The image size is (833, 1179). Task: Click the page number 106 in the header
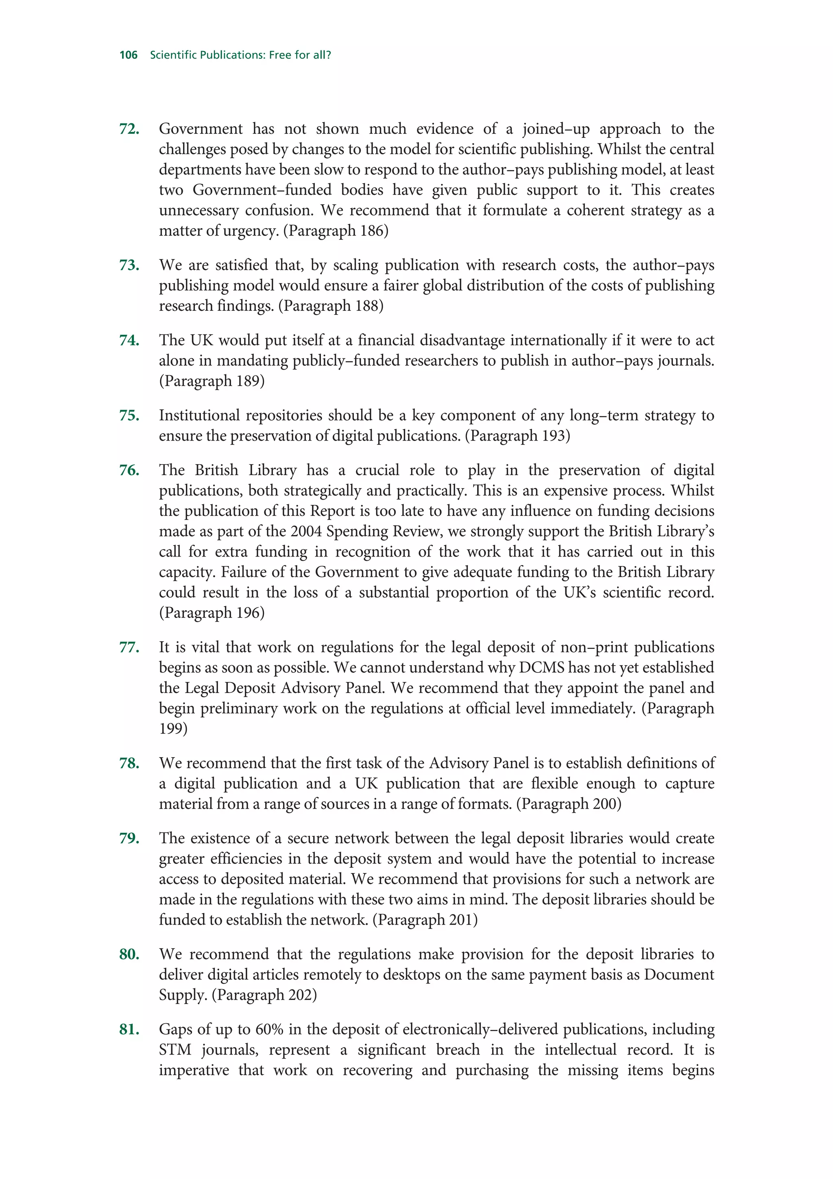(128, 55)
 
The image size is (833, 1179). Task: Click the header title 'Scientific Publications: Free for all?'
(240, 55)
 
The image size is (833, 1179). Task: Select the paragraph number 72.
(129, 129)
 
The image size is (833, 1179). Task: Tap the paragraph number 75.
(129, 415)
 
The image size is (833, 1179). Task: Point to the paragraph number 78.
(129, 764)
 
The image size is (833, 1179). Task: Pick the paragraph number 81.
(129, 1030)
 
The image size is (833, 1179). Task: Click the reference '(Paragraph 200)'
(569, 803)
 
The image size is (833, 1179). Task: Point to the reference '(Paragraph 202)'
(264, 995)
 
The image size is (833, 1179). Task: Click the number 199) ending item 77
(173, 729)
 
